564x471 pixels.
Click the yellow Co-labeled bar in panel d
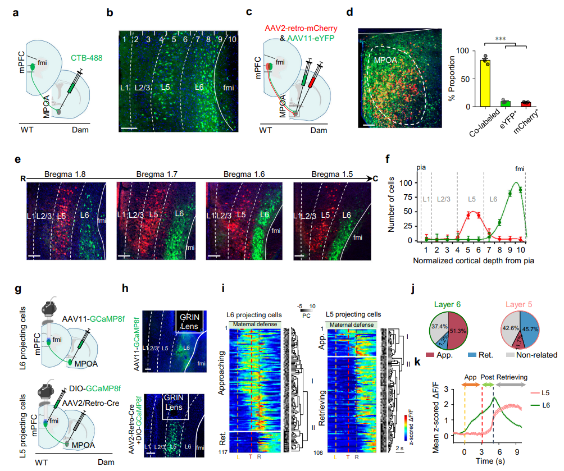pos(485,83)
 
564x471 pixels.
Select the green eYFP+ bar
pos(505,103)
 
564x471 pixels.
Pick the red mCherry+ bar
pos(526,104)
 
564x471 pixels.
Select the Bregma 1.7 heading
pos(155,175)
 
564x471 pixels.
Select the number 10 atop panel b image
pos(233,39)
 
